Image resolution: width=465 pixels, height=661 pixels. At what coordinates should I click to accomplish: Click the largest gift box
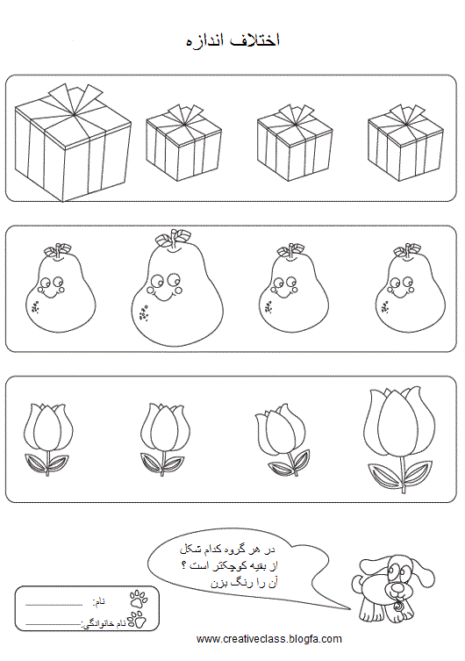point(73,143)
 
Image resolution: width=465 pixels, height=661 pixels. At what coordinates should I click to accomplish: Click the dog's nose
point(396,586)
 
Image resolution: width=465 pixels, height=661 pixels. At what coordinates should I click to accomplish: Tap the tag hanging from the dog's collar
point(397,607)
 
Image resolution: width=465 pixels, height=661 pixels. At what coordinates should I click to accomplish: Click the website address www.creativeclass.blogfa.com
point(269,639)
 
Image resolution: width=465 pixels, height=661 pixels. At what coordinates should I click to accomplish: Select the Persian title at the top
point(232,40)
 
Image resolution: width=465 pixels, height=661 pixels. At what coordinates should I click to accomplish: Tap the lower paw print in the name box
point(137,619)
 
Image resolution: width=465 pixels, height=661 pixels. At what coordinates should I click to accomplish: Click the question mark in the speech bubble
point(183,565)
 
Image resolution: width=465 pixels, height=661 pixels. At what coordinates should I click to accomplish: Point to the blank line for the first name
point(54,605)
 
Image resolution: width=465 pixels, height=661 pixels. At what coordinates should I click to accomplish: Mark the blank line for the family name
point(53,623)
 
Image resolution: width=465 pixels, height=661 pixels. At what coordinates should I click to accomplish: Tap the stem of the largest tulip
point(404,474)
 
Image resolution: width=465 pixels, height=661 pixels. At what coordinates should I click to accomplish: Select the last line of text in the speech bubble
point(244,583)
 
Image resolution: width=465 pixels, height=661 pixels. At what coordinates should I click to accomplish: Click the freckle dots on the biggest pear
point(144,314)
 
